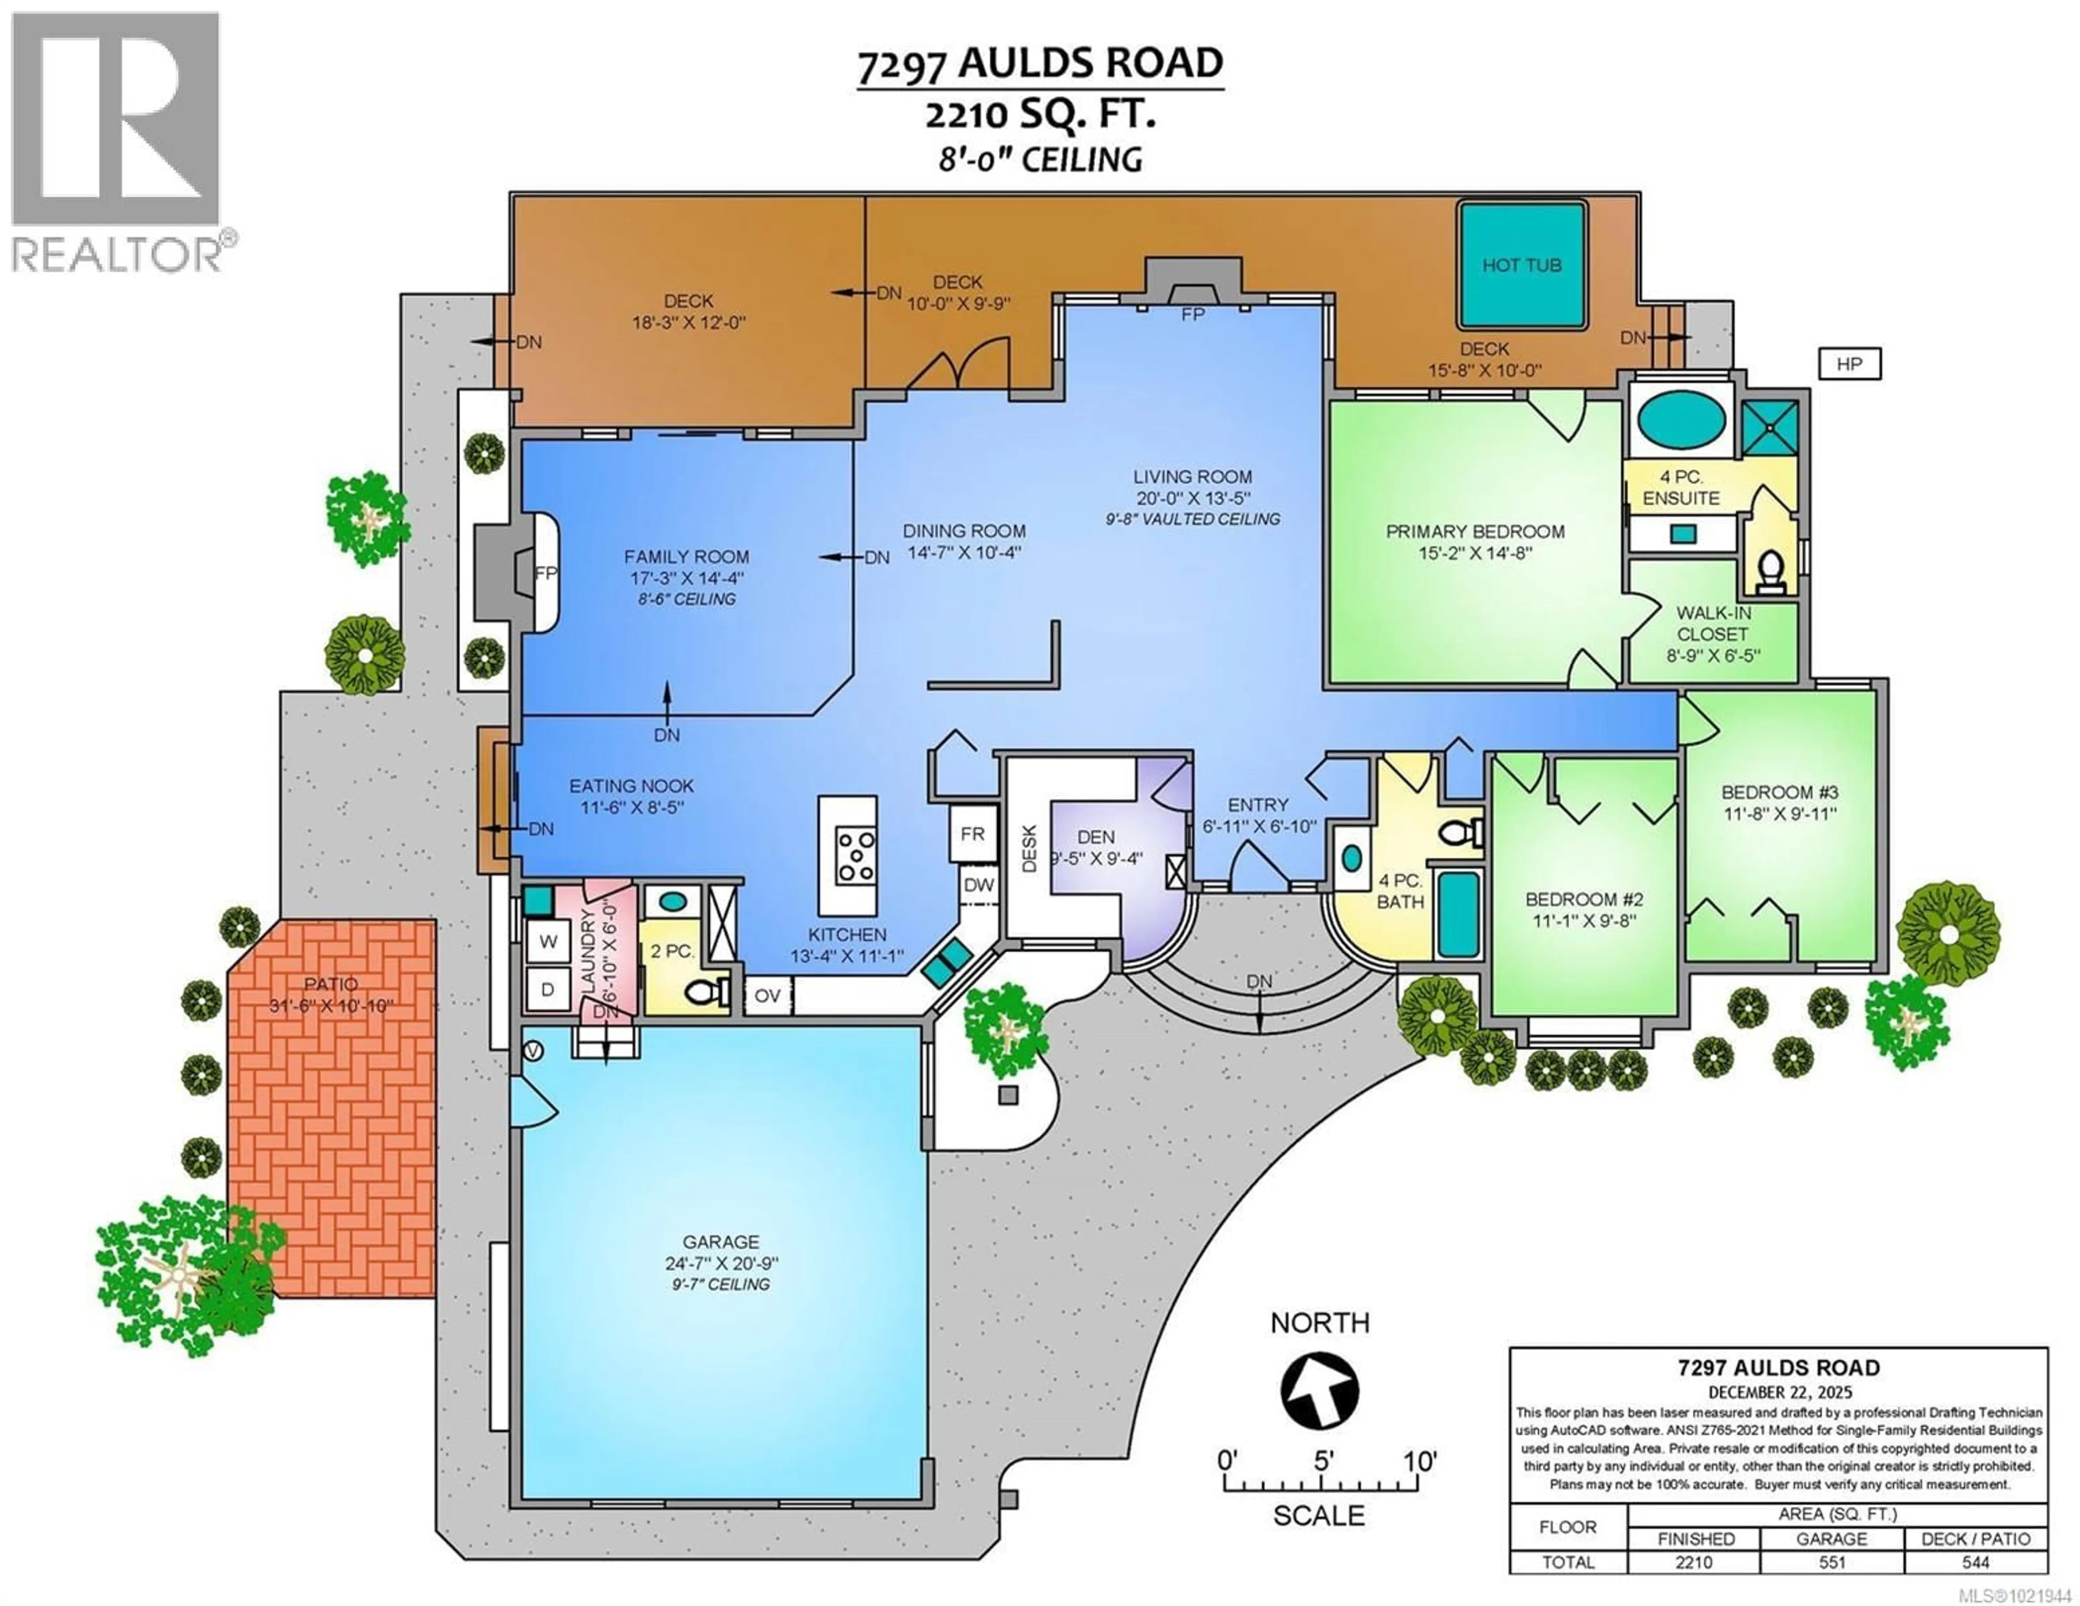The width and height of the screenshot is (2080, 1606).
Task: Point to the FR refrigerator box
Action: (x=972, y=834)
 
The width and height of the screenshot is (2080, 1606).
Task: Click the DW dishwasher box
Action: (x=978, y=884)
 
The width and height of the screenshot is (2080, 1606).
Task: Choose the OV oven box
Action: (x=768, y=996)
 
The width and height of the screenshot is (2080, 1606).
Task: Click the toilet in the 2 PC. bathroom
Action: (x=706, y=993)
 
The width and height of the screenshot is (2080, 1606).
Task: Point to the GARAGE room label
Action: (x=721, y=1242)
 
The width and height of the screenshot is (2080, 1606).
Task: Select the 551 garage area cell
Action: (x=1831, y=1562)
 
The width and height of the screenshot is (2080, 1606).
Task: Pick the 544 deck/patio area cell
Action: (x=1975, y=1562)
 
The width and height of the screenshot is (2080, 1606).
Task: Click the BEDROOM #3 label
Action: (x=1779, y=792)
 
